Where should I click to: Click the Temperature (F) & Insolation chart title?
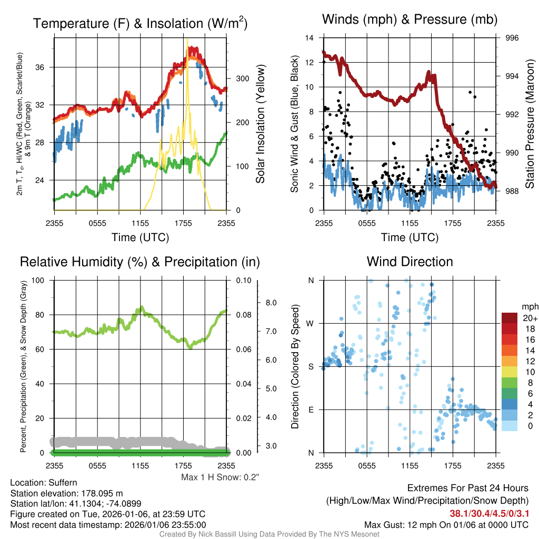pos(140,24)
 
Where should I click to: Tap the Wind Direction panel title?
pos(410,262)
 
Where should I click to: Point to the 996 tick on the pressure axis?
pos(512,38)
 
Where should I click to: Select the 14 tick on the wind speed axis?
pos(310,38)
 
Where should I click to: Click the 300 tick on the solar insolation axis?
pos(243,78)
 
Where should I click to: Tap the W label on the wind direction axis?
pos(311,323)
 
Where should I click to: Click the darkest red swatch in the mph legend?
pos(510,318)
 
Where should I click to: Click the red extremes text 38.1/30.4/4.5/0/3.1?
pos(489,513)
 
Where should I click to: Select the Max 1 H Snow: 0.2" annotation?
pos(220,477)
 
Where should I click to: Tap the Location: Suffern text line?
pos(44,483)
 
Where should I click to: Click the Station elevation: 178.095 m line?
pos(66,493)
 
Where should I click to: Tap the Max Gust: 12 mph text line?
pos(446,525)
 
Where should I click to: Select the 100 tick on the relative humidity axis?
pos(39,281)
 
